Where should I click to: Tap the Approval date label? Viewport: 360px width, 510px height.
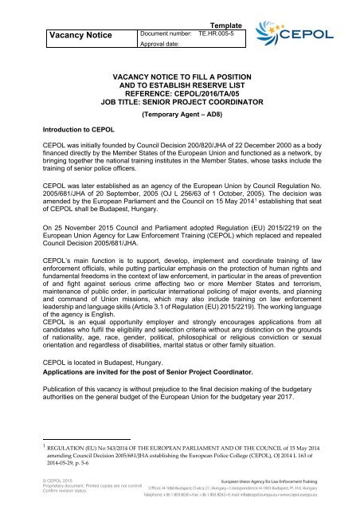pyautogui.click(x=166, y=49)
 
